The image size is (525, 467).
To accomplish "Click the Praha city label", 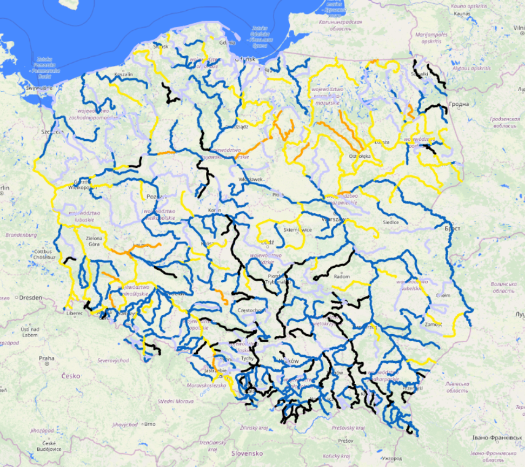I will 46,358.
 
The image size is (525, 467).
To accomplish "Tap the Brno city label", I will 149,424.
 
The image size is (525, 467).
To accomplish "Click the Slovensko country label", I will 247,454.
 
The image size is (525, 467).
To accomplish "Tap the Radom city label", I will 342,276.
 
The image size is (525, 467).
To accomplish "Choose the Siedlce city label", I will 390,222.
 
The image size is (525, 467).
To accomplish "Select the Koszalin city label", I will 124,75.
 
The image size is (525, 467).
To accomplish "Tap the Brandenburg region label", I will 21,235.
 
